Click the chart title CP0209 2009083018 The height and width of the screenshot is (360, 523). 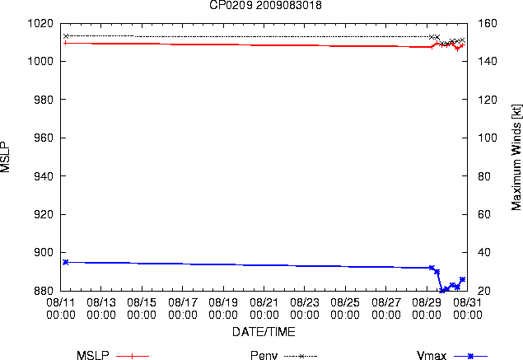(x=265, y=5)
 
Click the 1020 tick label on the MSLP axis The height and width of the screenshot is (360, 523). (x=40, y=23)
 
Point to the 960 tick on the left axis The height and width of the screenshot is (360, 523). (x=44, y=138)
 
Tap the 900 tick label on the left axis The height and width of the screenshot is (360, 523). (x=44, y=252)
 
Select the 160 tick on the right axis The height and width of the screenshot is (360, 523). (x=488, y=23)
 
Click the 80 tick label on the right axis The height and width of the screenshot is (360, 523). (x=484, y=176)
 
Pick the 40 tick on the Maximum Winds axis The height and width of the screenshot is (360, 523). (x=484, y=252)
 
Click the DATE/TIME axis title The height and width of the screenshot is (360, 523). (x=264, y=332)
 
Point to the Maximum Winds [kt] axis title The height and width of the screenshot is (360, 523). (x=516, y=157)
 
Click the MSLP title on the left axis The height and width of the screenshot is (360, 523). (x=5, y=157)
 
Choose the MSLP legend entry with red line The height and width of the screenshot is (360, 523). (x=113, y=356)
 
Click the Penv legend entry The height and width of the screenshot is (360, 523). (x=283, y=356)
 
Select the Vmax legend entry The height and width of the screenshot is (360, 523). (x=452, y=356)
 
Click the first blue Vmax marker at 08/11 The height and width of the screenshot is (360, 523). (x=66, y=262)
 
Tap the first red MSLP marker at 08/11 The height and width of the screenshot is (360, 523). (x=66, y=43)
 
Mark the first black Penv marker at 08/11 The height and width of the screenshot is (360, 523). (x=66, y=36)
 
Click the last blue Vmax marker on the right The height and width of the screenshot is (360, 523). (x=462, y=279)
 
